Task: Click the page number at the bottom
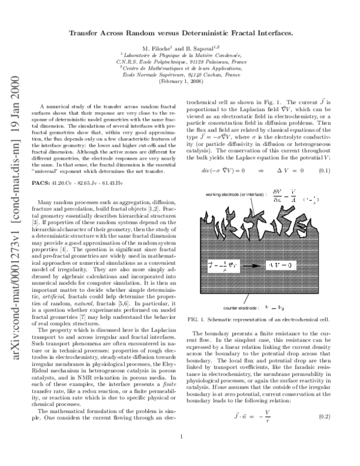click(181, 454)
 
